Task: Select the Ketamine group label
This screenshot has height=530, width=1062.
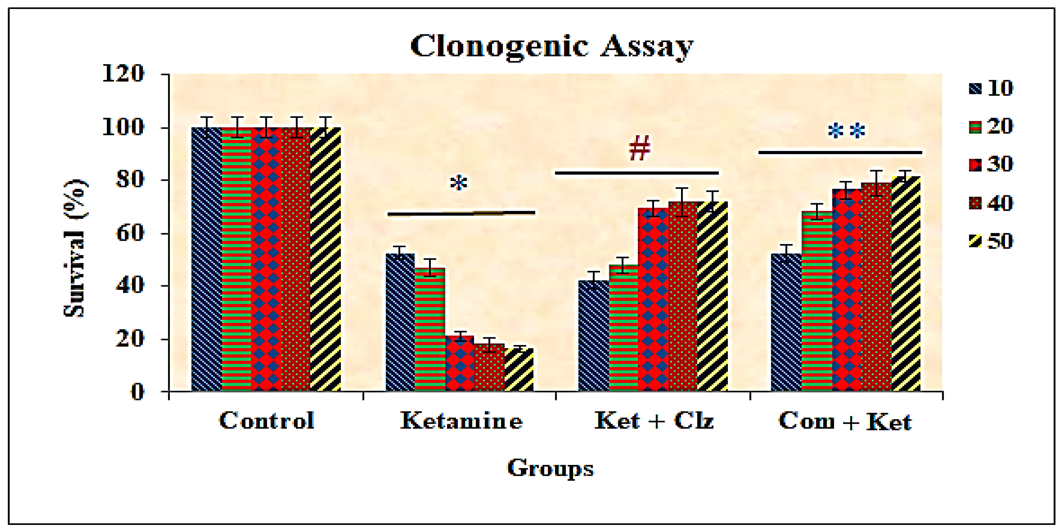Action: pos(461,421)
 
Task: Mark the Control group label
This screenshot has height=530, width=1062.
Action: pos(267,421)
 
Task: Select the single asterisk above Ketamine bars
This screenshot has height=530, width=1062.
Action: pos(458,183)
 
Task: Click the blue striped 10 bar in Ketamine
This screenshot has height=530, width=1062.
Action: pos(400,322)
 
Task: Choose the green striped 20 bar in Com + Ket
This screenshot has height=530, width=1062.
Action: pos(817,301)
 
